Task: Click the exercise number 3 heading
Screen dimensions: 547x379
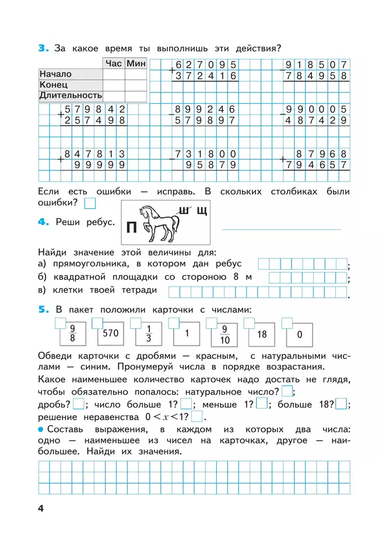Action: point(42,48)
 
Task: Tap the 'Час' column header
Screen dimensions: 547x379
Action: point(114,64)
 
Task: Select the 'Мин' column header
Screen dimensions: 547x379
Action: point(136,64)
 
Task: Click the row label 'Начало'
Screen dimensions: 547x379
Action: point(55,74)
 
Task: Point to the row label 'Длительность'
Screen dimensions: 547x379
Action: point(71,95)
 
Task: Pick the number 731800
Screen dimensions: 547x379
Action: point(204,154)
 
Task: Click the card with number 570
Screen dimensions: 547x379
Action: point(111,334)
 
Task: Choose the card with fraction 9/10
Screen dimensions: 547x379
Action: point(224,335)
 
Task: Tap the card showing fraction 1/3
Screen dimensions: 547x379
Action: point(148,335)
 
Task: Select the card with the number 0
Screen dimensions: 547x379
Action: point(299,335)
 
